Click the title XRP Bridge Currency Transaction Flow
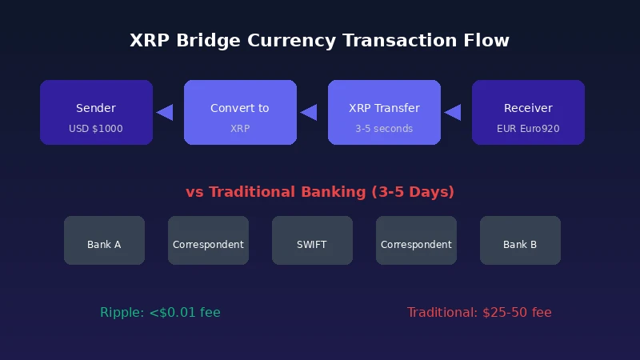point(320,40)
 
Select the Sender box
point(96,112)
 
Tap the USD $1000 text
point(96,129)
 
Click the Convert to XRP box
point(240,112)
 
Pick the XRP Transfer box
point(384,112)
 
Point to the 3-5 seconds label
point(384,129)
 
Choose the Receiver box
point(528,112)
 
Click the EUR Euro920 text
point(528,129)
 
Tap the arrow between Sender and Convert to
point(165,113)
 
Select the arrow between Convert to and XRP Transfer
point(309,113)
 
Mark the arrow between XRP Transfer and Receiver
point(453,113)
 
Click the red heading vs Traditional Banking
point(320,192)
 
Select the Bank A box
point(104,240)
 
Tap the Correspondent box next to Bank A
point(208,240)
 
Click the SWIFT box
point(312,240)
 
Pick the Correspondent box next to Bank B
point(416,240)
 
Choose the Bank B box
point(520,240)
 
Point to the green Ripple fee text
point(160,313)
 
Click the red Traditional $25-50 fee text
point(479,313)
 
